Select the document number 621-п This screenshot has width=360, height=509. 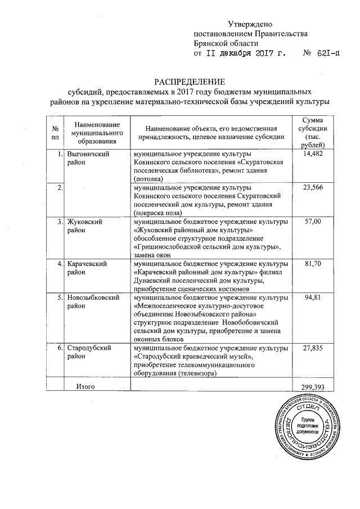(321, 53)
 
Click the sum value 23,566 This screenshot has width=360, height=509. (312, 187)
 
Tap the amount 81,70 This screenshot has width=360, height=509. (312, 263)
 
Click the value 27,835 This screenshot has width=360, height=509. (312, 349)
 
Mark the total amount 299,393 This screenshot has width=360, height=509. (312, 387)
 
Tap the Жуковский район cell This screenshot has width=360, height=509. (84, 226)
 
